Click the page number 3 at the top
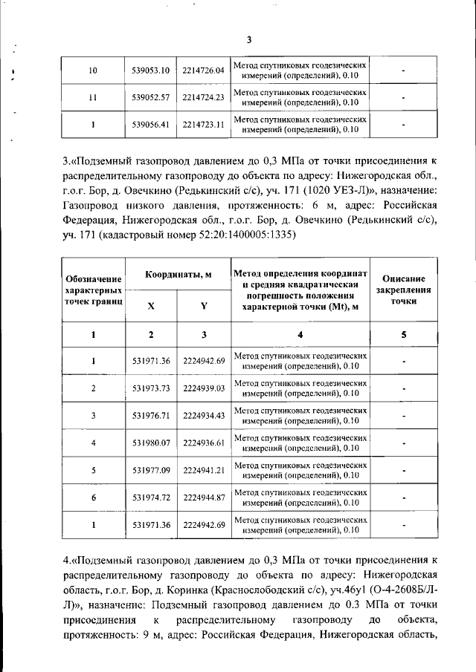pyautogui.click(x=249, y=39)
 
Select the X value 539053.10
pyautogui.click(x=151, y=71)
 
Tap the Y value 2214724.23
pyautogui.click(x=203, y=98)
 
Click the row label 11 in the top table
pyautogui.click(x=93, y=98)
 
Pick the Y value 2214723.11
pyautogui.click(x=203, y=125)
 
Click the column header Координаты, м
pyautogui.click(x=178, y=274)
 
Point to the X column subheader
pyautogui.click(x=151, y=306)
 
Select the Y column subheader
pyautogui.click(x=203, y=306)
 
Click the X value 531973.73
pyautogui.click(x=151, y=388)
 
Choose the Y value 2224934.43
pyautogui.click(x=203, y=416)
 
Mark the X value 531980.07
pyautogui.click(x=151, y=443)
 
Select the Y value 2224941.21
pyautogui.click(x=203, y=471)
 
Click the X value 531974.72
pyautogui.click(x=151, y=498)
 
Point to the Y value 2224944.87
pyautogui.click(x=203, y=498)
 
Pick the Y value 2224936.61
pyautogui.click(x=203, y=443)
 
